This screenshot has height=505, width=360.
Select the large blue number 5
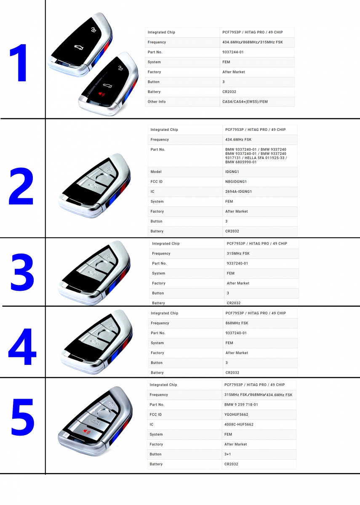(x=23, y=417)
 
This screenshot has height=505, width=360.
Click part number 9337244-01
(x=233, y=52)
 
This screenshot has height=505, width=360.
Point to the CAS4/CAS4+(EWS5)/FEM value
(x=245, y=102)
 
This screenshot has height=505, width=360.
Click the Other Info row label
(x=157, y=102)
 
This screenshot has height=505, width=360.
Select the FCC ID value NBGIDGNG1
(x=236, y=182)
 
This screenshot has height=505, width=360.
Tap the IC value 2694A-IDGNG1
(x=238, y=191)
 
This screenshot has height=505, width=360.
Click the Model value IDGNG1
(x=232, y=172)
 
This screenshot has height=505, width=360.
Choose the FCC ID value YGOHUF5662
(x=236, y=415)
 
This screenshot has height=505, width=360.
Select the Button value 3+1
(x=228, y=454)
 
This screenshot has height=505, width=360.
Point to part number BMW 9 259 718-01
(x=241, y=405)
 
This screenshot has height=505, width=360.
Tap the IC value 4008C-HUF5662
(x=239, y=425)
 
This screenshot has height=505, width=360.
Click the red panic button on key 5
(x=87, y=431)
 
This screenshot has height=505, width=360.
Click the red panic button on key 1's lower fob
(x=101, y=94)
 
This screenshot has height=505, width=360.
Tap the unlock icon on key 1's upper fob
(x=93, y=29)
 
